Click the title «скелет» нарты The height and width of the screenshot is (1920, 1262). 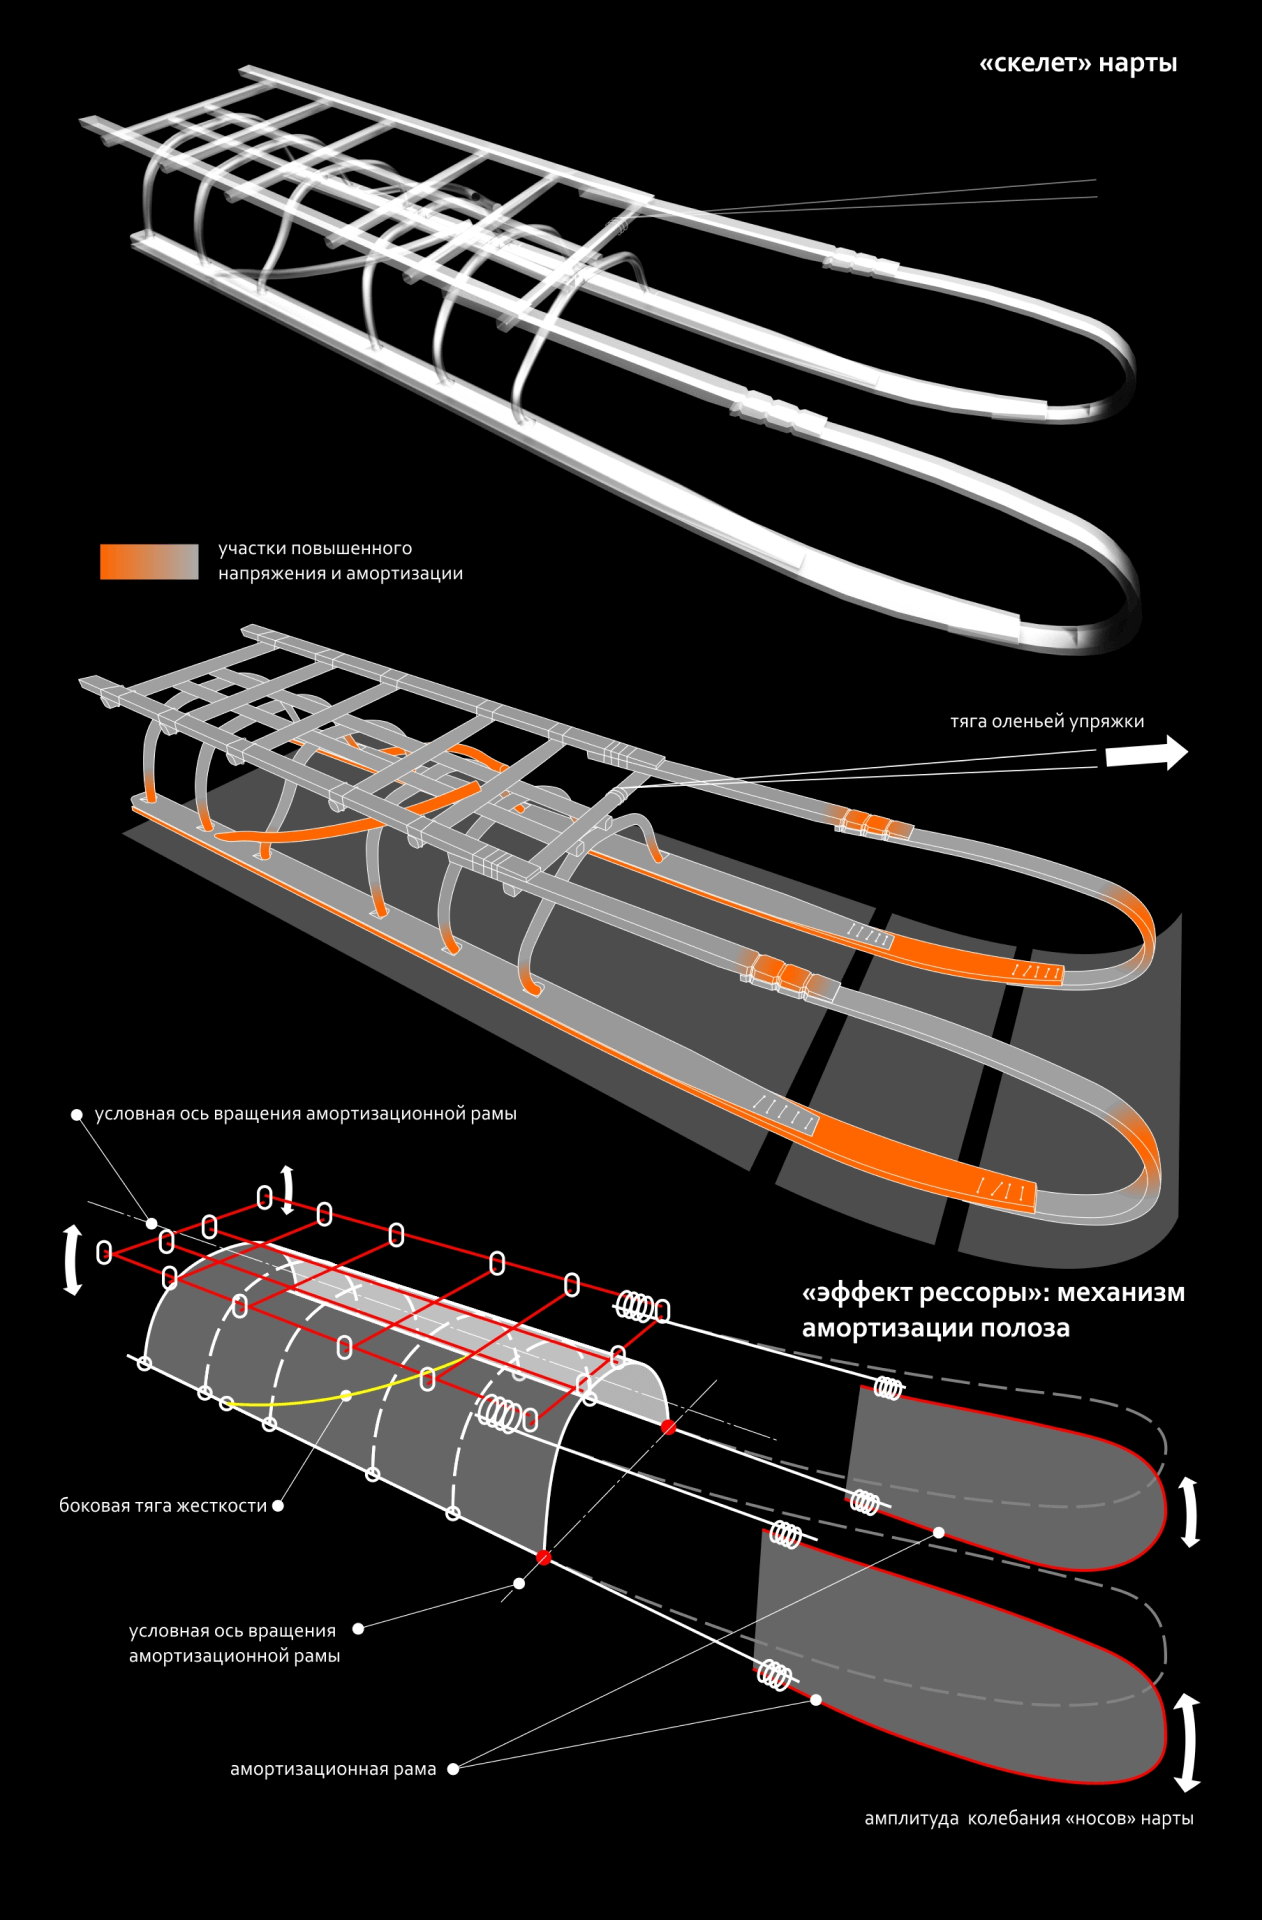pyautogui.click(x=1078, y=64)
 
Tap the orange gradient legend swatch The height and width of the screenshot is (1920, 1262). pyautogui.click(x=149, y=561)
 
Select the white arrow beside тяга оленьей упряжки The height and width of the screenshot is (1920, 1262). pyautogui.click(x=1146, y=752)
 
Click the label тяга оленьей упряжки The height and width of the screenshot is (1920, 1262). pyautogui.click(x=1046, y=721)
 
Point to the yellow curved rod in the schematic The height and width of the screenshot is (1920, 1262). pyautogui.click(x=300, y=1401)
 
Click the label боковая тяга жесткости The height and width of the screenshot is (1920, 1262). pyautogui.click(x=163, y=1505)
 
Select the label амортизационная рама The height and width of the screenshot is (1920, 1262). pyautogui.click(x=333, y=1769)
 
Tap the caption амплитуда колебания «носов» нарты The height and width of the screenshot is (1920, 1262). pyautogui.click(x=1028, y=1818)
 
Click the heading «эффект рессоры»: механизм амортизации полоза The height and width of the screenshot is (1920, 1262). pyautogui.click(x=992, y=1310)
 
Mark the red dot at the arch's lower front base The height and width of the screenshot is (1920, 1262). pyautogui.click(x=544, y=1557)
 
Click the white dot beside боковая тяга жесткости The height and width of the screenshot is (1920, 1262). pyautogui.click(x=278, y=1505)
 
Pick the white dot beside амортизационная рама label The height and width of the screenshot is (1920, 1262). pyautogui.click(x=453, y=1769)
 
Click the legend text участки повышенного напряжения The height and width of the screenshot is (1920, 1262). pyautogui.click(x=340, y=561)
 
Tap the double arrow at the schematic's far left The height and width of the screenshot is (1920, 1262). pyautogui.click(x=72, y=1261)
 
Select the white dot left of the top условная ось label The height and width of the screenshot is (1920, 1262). pyautogui.click(x=77, y=1114)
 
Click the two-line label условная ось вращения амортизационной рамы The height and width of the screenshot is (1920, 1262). pyautogui.click(x=234, y=1643)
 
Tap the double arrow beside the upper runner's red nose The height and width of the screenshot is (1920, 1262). pyautogui.click(x=1189, y=1512)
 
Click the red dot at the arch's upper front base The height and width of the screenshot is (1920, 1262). pyautogui.click(x=668, y=1427)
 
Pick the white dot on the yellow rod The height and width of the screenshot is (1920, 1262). pyautogui.click(x=346, y=1395)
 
